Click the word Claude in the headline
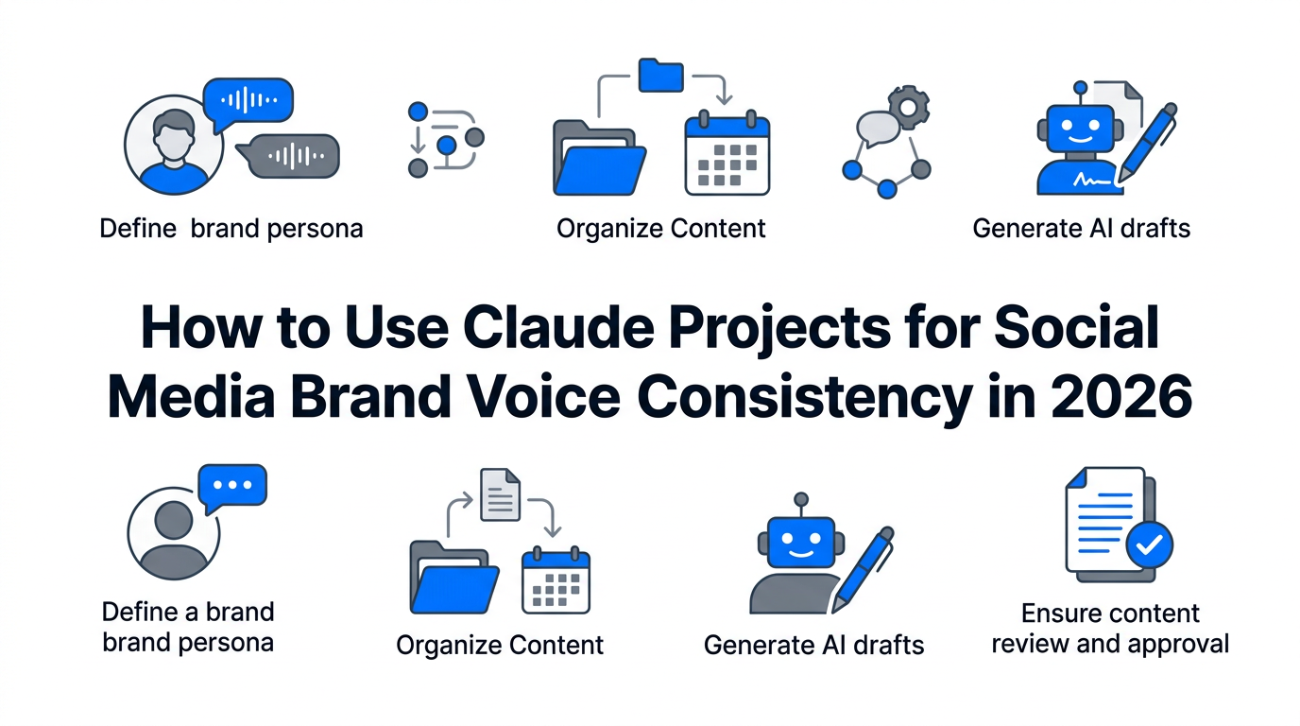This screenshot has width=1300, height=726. click(558, 328)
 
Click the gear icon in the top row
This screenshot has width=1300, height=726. click(909, 108)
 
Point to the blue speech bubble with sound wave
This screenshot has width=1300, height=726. click(248, 103)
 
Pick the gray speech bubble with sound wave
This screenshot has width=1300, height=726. click(288, 156)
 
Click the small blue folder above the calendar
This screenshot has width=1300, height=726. click(660, 76)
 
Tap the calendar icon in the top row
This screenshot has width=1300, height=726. click(727, 153)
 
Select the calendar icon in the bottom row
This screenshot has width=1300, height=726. click(556, 579)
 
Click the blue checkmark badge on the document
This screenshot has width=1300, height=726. click(1149, 544)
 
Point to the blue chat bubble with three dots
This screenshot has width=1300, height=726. click(232, 487)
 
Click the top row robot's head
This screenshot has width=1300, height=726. click(1080, 128)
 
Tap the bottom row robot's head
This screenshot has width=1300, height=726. click(801, 542)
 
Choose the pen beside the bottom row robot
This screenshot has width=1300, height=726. click(863, 569)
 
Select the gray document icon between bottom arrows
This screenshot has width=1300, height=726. click(501, 494)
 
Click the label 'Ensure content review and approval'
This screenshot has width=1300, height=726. click(1110, 629)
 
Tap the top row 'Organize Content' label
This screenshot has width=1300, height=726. click(661, 229)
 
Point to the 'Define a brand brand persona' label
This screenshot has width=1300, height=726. click(188, 628)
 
